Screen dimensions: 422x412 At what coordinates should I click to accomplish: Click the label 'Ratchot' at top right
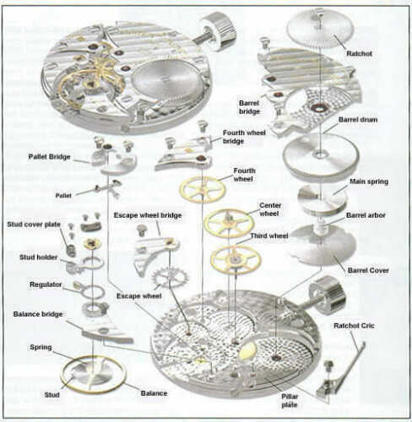click(359, 55)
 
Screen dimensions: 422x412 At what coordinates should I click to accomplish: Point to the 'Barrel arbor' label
click(366, 215)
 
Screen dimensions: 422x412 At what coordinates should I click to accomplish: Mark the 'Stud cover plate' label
click(33, 226)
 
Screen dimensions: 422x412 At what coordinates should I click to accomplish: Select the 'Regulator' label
click(46, 284)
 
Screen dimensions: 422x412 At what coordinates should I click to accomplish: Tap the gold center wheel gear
click(228, 223)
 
